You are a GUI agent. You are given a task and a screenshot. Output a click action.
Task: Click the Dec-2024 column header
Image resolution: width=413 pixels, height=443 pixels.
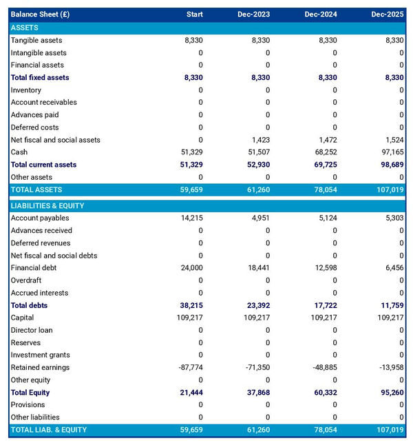[x=319, y=14]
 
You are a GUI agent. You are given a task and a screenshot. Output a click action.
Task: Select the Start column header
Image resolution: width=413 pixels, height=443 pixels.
[x=194, y=14]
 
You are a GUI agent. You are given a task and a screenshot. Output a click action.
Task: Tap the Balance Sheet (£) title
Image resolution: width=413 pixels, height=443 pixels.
[x=40, y=14]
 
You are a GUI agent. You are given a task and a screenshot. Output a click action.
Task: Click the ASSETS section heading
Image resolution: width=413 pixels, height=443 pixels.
[x=25, y=28]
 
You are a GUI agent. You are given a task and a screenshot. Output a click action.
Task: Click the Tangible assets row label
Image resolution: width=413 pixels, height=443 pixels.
[x=36, y=41]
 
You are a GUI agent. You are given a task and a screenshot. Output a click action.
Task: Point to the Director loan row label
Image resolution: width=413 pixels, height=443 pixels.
[x=32, y=330]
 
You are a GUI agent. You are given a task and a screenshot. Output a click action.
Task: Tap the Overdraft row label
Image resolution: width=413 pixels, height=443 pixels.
[x=26, y=280]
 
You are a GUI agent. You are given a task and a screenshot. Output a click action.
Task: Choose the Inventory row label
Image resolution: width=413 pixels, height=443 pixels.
[x=26, y=90]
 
